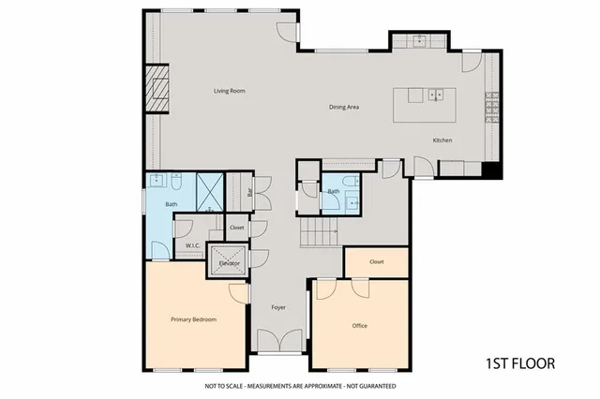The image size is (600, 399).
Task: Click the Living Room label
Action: pyautogui.click(x=229, y=91)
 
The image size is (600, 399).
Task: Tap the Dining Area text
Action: pyautogui.click(x=344, y=107)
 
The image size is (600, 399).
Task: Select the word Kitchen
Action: pyautogui.click(x=442, y=140)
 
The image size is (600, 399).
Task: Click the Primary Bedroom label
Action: pyautogui.click(x=193, y=319)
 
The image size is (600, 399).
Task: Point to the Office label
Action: pyautogui.click(x=359, y=326)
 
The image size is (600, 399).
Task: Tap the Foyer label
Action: pyautogui.click(x=278, y=307)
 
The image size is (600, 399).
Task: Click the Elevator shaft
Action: pyautogui.click(x=230, y=259)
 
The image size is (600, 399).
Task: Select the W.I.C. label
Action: pyautogui.click(x=194, y=246)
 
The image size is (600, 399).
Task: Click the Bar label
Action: pyautogui.click(x=250, y=193)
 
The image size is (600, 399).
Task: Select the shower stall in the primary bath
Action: pyautogui.click(x=209, y=190)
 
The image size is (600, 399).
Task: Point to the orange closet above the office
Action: pyautogui.click(x=377, y=262)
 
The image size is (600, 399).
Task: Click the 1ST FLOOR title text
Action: pyautogui.click(x=520, y=363)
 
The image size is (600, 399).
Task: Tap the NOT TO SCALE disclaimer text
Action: pyautogui.click(x=300, y=386)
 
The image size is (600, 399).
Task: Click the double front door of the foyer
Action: pyautogui.click(x=278, y=343)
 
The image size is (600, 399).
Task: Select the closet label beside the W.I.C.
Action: pyautogui.click(x=236, y=228)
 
